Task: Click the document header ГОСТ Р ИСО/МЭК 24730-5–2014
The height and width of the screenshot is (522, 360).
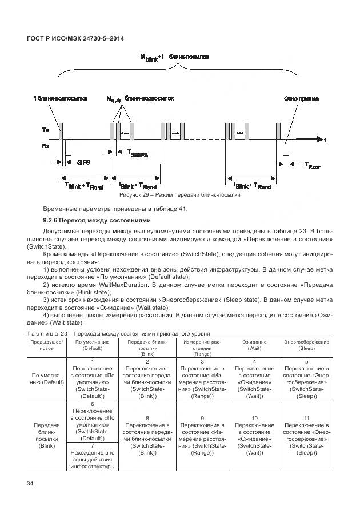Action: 75,38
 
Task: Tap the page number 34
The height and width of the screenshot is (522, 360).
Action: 30,485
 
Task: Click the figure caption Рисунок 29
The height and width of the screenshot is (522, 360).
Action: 179,195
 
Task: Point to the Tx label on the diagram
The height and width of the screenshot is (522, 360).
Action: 46,130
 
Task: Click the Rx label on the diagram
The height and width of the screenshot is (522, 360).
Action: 46,146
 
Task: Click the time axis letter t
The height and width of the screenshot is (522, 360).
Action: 325,140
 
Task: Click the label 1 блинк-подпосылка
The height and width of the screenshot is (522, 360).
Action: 60,98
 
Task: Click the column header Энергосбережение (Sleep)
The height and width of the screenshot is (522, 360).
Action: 306,345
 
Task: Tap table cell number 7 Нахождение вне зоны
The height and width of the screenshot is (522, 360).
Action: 92,455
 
